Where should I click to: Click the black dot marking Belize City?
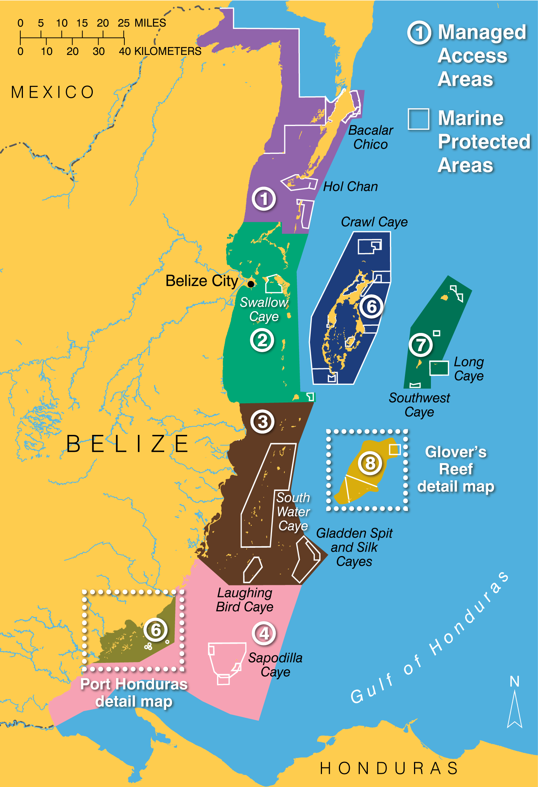click(x=251, y=284)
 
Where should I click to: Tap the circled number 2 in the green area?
click(x=262, y=340)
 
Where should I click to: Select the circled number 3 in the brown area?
click(x=263, y=422)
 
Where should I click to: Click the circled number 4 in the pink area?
click(x=264, y=634)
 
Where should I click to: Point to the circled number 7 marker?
click(x=420, y=345)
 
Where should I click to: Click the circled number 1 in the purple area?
click(x=264, y=199)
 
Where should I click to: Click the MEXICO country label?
click(x=53, y=92)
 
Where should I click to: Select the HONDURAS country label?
click(x=389, y=768)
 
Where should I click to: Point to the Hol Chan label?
click(x=351, y=187)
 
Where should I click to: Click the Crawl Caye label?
click(x=374, y=222)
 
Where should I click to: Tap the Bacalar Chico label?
click(x=370, y=137)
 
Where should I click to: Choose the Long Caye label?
click(x=469, y=369)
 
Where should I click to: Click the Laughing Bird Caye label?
click(x=245, y=600)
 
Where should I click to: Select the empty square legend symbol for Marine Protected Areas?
click(x=419, y=119)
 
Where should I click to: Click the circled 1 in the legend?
click(x=419, y=33)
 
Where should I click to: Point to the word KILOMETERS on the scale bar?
click(x=168, y=51)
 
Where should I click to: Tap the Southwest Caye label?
click(x=419, y=405)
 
